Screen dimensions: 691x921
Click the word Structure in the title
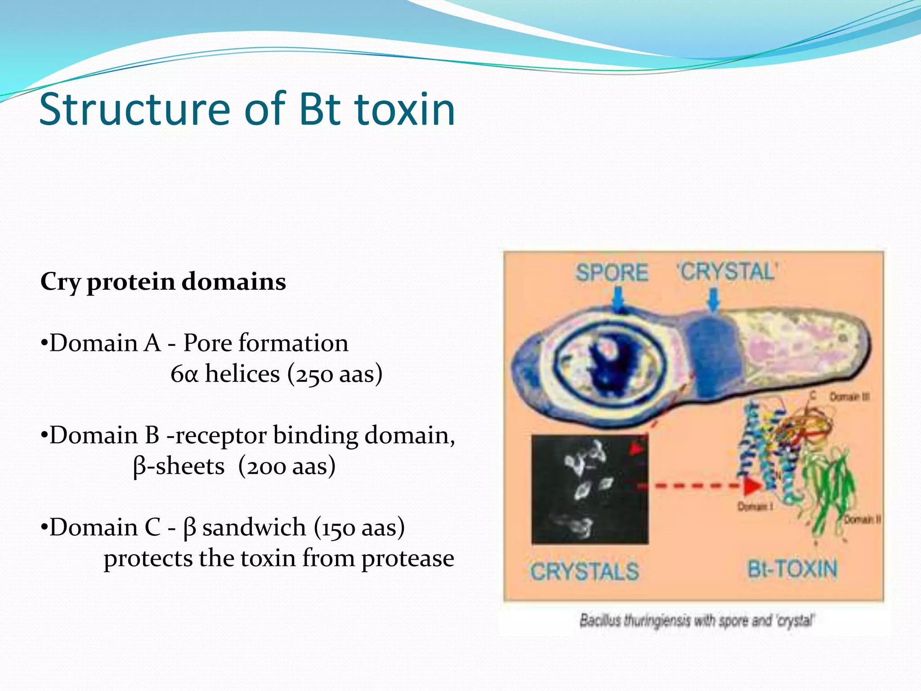[x=135, y=109]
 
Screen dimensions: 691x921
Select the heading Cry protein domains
[x=163, y=282]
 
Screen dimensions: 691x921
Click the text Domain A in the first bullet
[x=105, y=343]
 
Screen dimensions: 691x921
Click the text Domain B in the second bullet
[x=104, y=435]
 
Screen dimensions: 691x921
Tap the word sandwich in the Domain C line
[x=254, y=528]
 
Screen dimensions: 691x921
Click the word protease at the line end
[x=407, y=559]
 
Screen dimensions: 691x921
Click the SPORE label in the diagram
[x=612, y=273]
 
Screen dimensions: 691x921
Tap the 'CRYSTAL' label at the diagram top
[x=727, y=272]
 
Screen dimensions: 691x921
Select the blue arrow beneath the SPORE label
[x=619, y=300]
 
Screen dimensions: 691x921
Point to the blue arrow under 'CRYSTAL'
[x=713, y=300]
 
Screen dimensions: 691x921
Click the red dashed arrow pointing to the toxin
[x=706, y=486]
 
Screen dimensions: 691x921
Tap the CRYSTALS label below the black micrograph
[x=585, y=572]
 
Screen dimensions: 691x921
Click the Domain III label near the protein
[x=849, y=397]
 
